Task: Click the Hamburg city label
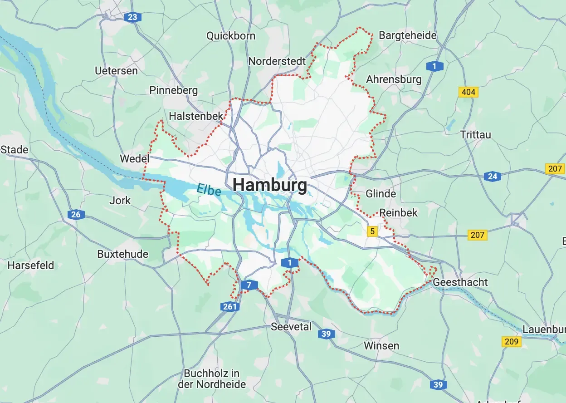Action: point(270,185)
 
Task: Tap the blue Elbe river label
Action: point(209,189)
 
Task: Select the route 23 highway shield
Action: point(132,18)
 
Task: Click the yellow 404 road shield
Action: point(468,92)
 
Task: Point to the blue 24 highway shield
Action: point(492,177)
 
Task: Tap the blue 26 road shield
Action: point(76,215)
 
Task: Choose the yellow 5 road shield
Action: point(372,231)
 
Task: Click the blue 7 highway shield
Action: point(249,285)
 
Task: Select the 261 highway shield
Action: point(230,307)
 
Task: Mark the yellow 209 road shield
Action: point(511,341)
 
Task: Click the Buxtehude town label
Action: point(122,254)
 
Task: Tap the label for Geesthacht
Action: point(460,282)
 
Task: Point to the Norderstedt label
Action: point(277,61)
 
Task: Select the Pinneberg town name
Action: point(174,90)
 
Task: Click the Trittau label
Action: point(475,135)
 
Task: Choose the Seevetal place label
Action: point(291,327)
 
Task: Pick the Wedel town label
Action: point(134,159)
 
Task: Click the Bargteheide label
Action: point(407,35)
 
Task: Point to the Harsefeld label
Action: point(31,265)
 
